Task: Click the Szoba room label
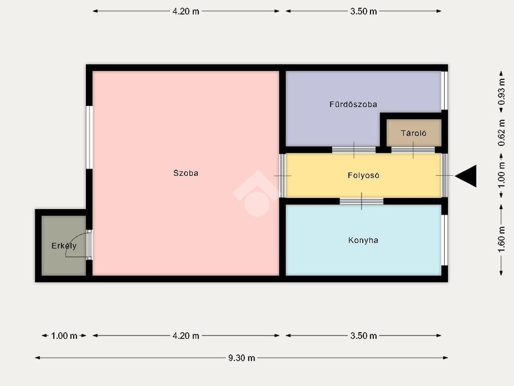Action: [186, 173]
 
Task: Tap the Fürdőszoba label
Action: [353, 105]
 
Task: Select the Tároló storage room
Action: [414, 133]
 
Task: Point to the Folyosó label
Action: [363, 175]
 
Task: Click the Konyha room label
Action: [363, 240]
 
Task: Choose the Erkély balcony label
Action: [64, 246]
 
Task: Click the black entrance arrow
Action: [465, 176]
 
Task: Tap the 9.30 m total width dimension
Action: [241, 358]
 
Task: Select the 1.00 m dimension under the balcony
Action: [64, 336]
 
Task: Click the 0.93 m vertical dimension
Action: [501, 92]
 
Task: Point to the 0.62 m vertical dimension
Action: [501, 133]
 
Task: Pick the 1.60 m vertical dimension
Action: [501, 240]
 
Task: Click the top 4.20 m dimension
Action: [186, 11]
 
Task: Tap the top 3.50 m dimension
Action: [363, 11]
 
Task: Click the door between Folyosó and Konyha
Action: [361, 201]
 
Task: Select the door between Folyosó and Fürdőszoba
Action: [354, 150]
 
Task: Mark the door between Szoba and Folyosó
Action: [282, 175]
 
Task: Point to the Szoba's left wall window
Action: [89, 137]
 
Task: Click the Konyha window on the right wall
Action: [445, 240]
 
